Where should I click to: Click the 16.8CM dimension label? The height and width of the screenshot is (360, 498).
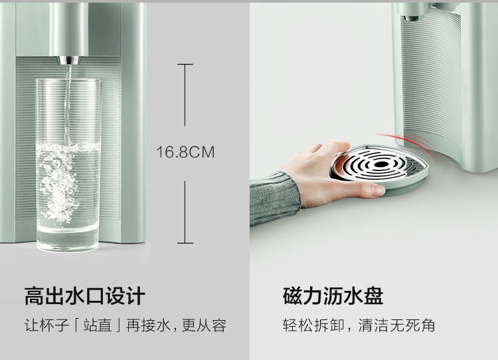click(x=185, y=152)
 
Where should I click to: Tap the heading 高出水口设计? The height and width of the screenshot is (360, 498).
click(x=85, y=296)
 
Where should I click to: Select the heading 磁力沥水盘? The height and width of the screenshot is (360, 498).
click(x=333, y=296)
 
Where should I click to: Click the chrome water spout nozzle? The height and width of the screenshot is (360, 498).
click(x=68, y=60)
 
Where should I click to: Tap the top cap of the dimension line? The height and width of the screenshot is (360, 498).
click(x=185, y=64)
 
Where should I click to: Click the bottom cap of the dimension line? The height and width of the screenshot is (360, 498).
click(x=185, y=243)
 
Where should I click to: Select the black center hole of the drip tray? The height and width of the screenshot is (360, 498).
click(x=381, y=164)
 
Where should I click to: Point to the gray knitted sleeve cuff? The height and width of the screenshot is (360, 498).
click(x=275, y=199)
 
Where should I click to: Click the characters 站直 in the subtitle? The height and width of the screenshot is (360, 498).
click(x=98, y=325)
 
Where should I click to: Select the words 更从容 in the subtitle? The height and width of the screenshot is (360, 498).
click(x=204, y=325)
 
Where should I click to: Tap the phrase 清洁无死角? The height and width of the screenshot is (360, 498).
click(x=396, y=325)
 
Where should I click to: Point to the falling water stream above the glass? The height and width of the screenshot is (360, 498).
click(x=67, y=102)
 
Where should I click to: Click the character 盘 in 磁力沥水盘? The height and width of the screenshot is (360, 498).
click(x=373, y=296)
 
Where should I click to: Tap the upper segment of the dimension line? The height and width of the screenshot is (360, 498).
click(x=185, y=95)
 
